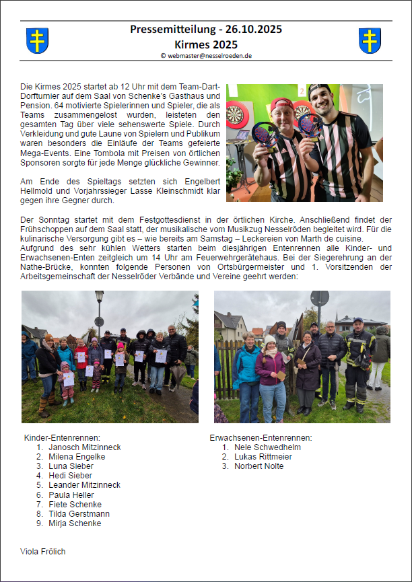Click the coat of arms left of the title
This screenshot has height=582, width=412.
[37, 40]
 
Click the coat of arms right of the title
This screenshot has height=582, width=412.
[370, 40]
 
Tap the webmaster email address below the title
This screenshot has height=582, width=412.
[206, 56]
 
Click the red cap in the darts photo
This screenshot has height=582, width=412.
[283, 103]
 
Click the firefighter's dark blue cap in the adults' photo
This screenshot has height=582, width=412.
[357, 321]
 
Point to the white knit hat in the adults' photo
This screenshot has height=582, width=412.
[270, 340]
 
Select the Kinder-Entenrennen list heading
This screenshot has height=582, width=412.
[61, 438]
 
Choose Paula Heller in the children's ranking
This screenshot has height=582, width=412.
[71, 495]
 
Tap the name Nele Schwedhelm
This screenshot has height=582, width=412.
[267, 447]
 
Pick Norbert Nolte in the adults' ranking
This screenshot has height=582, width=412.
[259, 466]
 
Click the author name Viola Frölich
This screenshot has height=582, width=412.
[43, 552]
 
